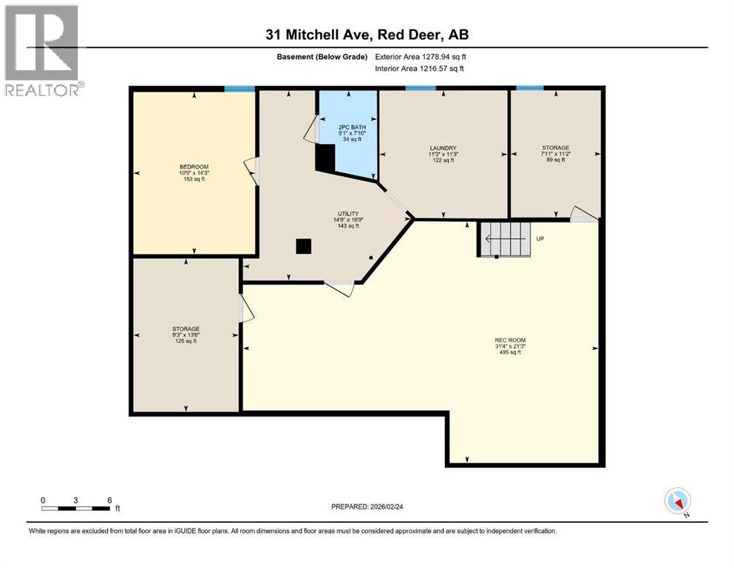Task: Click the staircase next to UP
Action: tap(505, 239)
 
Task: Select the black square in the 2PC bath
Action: tap(325, 157)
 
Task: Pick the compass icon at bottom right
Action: tap(678, 501)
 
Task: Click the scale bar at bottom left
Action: tap(77, 508)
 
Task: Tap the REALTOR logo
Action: tap(42, 50)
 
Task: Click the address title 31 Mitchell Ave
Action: tap(367, 34)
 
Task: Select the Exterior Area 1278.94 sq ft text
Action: tap(421, 56)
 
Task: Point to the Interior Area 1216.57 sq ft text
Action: tap(420, 69)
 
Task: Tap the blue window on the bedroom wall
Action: tap(239, 89)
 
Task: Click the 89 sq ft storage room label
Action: tap(555, 154)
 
